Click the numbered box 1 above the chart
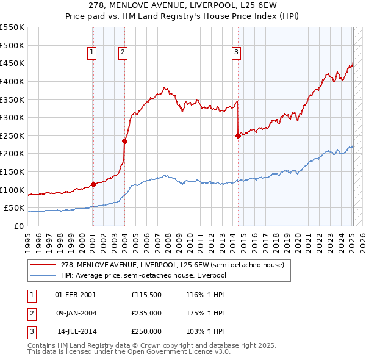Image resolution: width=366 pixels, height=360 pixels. (92, 53)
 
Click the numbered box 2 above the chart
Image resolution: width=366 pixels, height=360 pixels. (123, 53)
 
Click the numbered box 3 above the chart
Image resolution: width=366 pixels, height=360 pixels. (236, 53)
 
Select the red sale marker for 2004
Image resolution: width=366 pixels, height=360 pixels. (124, 141)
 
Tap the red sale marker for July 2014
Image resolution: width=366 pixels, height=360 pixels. (238, 136)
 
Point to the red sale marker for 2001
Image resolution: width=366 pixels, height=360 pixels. (93, 184)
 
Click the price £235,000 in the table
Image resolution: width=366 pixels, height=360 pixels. (146, 313)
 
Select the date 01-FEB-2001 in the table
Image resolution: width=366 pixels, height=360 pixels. (76, 295)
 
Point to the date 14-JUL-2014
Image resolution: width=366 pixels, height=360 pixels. (76, 331)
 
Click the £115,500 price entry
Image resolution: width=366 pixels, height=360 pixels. (146, 295)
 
